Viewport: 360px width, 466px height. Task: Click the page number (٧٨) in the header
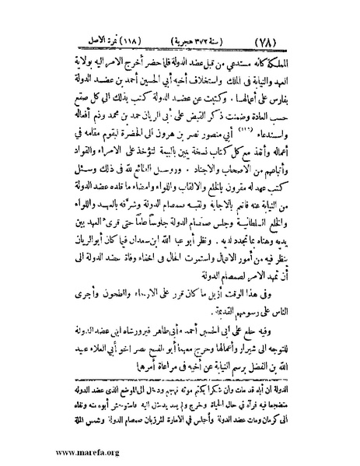click(x=306, y=37)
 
